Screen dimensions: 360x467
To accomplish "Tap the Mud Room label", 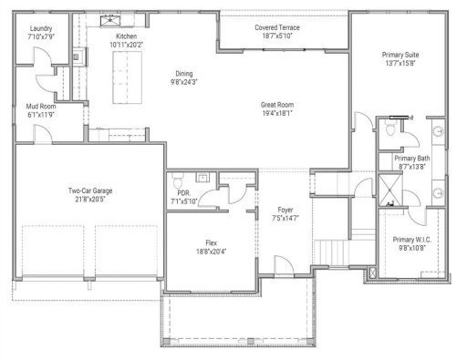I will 40,107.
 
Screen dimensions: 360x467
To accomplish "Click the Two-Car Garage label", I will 89,190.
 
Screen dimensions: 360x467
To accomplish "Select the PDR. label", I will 183,193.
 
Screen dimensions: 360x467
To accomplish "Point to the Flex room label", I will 211,242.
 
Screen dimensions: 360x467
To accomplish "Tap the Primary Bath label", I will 411,159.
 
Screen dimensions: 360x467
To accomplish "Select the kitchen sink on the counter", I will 116,20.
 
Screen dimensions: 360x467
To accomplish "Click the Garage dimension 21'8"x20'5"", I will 89,200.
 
